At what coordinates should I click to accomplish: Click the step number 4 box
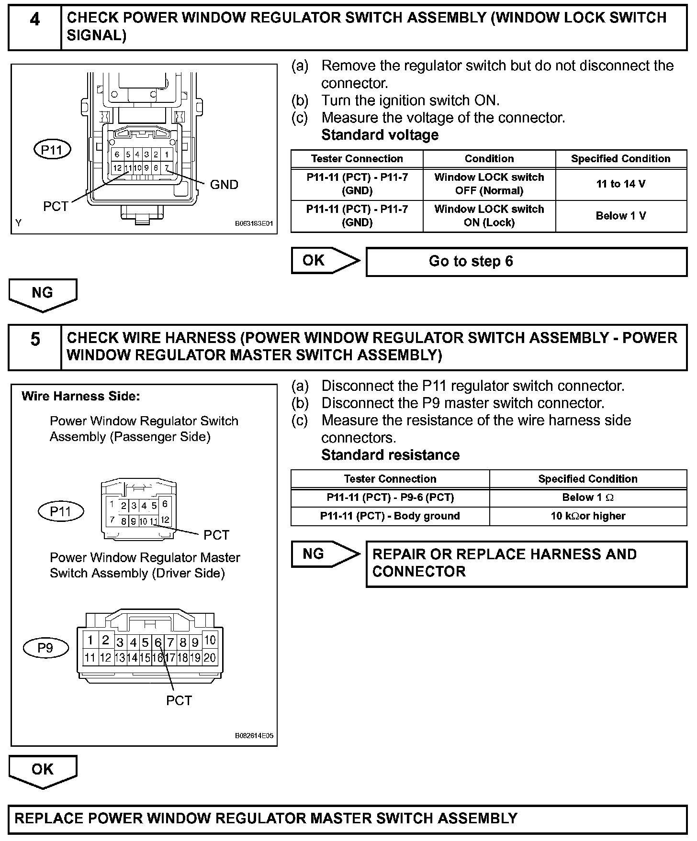click(x=35, y=28)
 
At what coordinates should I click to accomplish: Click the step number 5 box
click(x=35, y=347)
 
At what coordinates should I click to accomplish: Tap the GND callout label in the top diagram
click(x=224, y=185)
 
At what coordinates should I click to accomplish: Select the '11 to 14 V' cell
click(x=621, y=184)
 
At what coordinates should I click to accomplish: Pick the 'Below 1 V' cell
click(x=621, y=216)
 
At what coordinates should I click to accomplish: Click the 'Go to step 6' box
click(x=526, y=262)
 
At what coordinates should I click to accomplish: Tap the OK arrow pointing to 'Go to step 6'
click(x=325, y=261)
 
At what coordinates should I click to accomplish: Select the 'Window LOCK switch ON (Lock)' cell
click(x=489, y=216)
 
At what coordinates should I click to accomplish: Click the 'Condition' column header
click(x=489, y=159)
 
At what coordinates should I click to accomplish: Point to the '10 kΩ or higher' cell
click(x=588, y=516)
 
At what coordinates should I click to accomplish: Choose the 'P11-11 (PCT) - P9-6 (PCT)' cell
click(x=390, y=498)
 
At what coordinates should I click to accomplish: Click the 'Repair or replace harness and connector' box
click(x=526, y=564)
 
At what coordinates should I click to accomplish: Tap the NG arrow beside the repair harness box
click(x=325, y=554)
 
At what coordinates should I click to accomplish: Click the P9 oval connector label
click(x=45, y=648)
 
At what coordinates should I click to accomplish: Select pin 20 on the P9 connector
click(x=210, y=658)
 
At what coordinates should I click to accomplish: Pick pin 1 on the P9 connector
click(x=90, y=640)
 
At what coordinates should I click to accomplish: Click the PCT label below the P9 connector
click(x=179, y=701)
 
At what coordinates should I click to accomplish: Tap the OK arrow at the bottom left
click(x=43, y=771)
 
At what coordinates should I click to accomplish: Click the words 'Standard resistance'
click(x=390, y=455)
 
